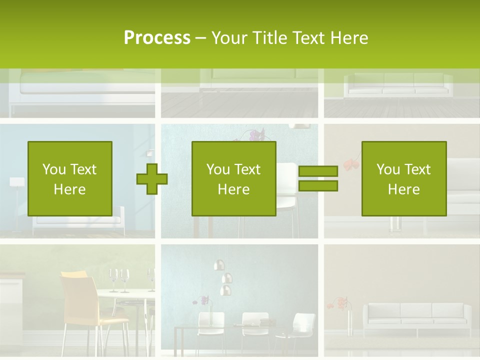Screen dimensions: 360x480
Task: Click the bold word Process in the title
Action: coord(157,37)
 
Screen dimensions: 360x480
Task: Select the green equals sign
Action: coord(318,179)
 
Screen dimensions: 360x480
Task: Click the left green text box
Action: coord(69,179)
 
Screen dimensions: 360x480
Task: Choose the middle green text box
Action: coord(233,179)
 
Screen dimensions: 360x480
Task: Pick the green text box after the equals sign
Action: coord(403,179)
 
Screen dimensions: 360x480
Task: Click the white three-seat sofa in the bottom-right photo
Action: coord(416,319)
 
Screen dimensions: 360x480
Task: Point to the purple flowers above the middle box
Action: coord(256,135)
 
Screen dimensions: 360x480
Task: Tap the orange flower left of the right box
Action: coord(349,164)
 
